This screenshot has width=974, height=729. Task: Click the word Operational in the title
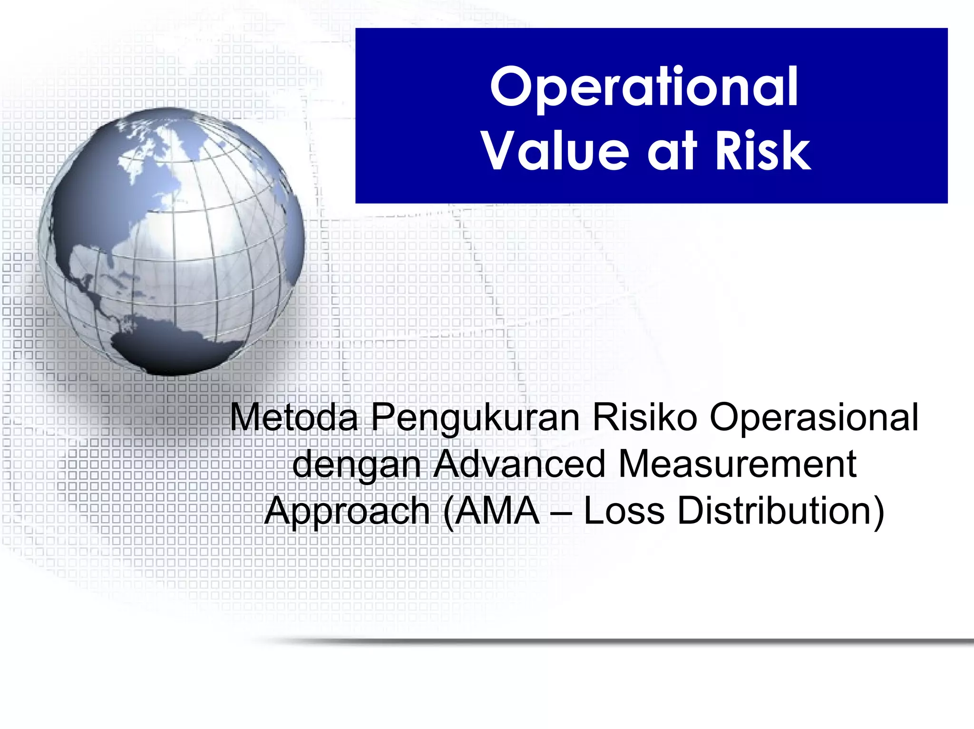(644, 88)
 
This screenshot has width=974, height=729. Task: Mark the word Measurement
(737, 464)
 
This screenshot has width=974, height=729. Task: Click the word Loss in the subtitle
(623, 511)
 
